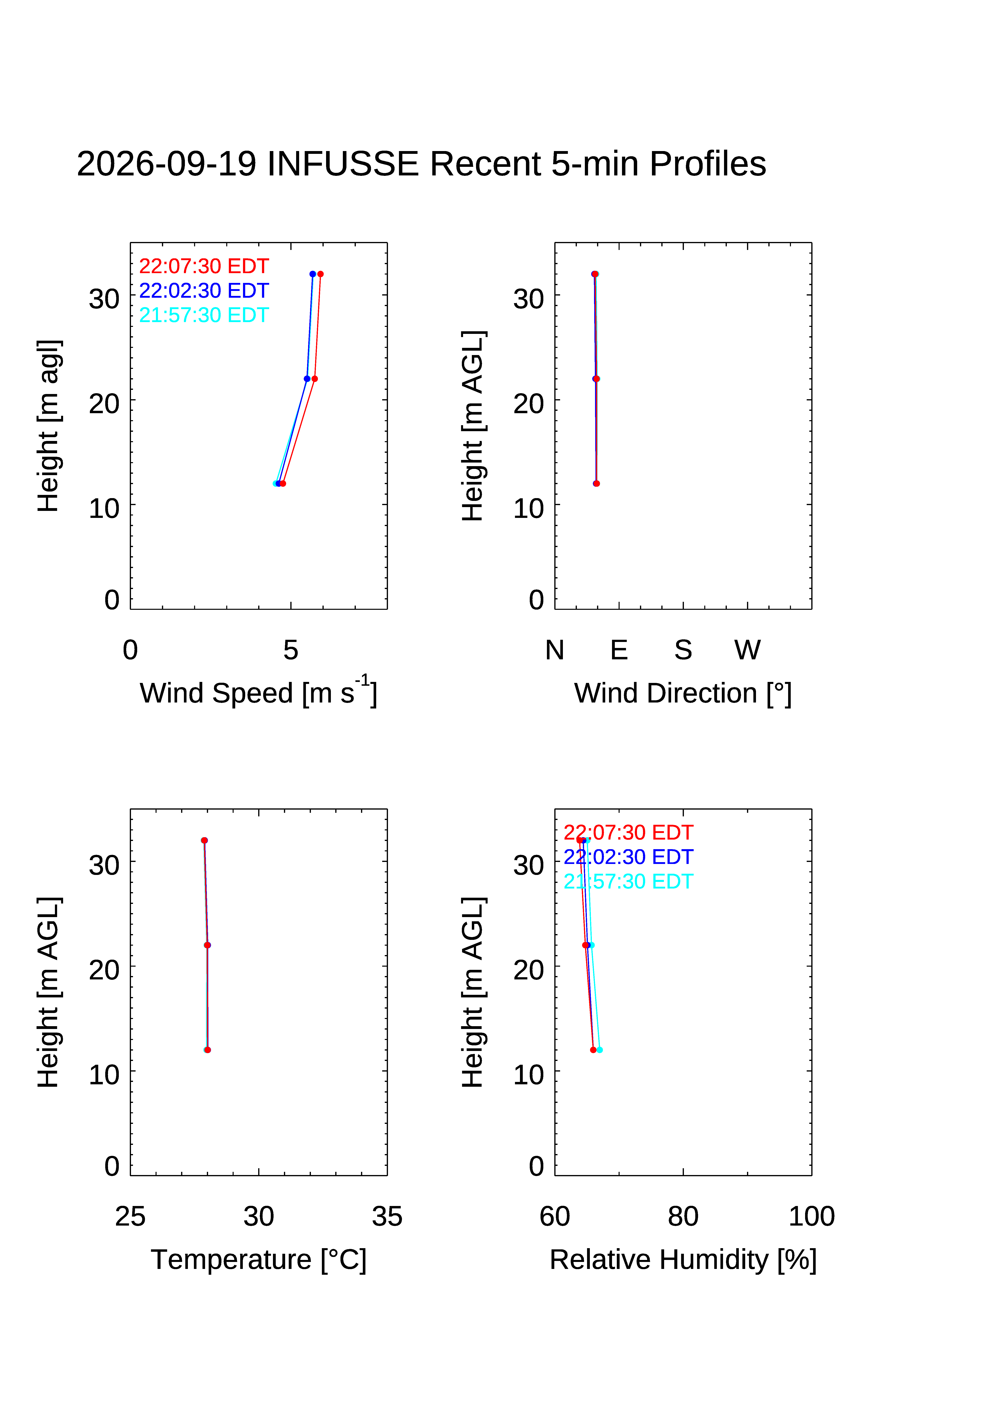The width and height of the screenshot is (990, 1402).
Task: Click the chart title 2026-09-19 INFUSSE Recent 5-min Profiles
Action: tap(421, 164)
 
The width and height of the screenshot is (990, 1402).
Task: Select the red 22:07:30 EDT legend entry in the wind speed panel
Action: tap(204, 266)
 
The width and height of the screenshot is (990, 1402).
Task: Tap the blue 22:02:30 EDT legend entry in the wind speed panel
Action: tap(204, 291)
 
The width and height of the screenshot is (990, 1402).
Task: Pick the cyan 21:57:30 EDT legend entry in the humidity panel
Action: tap(628, 881)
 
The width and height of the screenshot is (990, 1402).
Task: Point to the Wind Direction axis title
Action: tap(683, 693)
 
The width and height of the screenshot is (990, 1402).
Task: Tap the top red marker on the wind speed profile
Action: tap(320, 274)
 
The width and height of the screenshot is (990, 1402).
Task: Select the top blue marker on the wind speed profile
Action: tap(312, 274)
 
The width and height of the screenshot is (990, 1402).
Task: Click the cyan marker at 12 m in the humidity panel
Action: tap(599, 1050)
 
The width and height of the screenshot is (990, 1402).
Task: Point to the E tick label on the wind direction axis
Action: tap(619, 650)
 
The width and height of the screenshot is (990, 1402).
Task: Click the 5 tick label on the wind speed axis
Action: tap(291, 650)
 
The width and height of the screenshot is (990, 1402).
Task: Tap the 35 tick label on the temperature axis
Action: tap(387, 1216)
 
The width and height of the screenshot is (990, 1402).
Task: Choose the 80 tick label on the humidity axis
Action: tap(683, 1216)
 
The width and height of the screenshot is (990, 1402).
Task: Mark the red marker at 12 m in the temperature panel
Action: tap(207, 1050)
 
